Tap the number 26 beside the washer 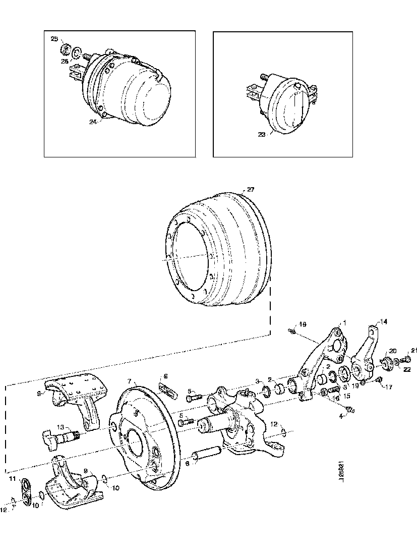64,62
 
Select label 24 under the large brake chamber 92,122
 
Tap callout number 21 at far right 414,350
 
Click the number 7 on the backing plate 129,380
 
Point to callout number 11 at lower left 12,478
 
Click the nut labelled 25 65,49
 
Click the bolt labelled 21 406,359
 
